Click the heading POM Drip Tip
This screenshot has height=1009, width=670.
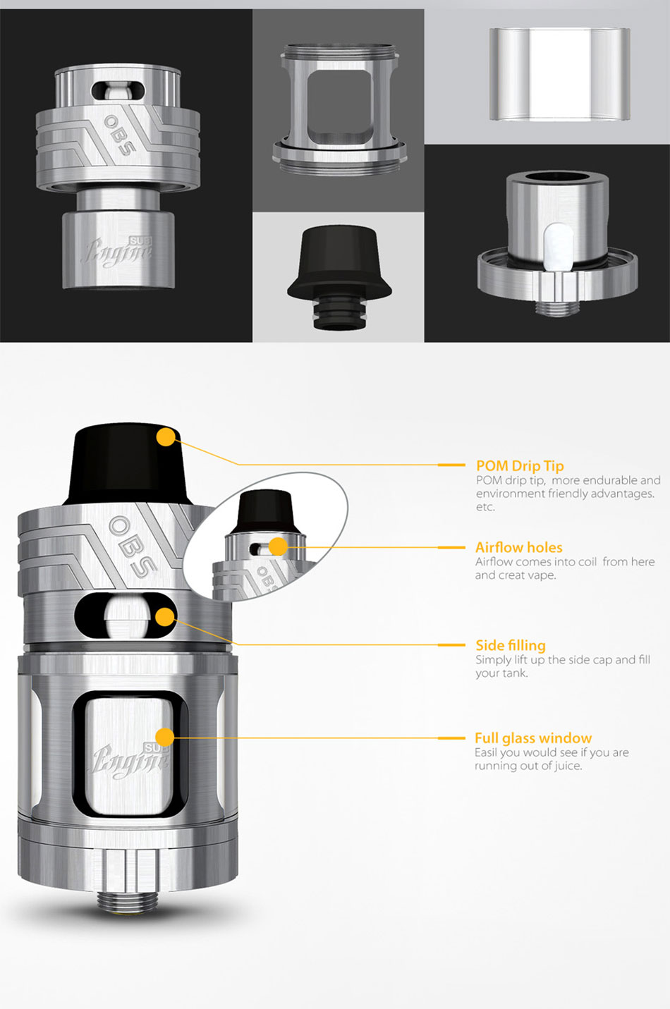520,466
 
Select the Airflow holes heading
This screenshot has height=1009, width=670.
518,547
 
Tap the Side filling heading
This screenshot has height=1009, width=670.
511,645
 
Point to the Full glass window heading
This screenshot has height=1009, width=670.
533,738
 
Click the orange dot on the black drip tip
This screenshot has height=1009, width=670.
166,437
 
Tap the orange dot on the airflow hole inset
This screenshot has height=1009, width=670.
279,547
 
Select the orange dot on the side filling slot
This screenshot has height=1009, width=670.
165,617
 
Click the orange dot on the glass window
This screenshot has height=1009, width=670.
165,737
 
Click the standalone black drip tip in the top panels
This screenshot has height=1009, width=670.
339,277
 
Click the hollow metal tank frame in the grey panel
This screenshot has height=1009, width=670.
340,109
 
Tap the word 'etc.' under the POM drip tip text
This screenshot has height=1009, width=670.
486,507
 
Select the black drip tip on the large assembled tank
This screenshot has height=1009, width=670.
128,464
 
